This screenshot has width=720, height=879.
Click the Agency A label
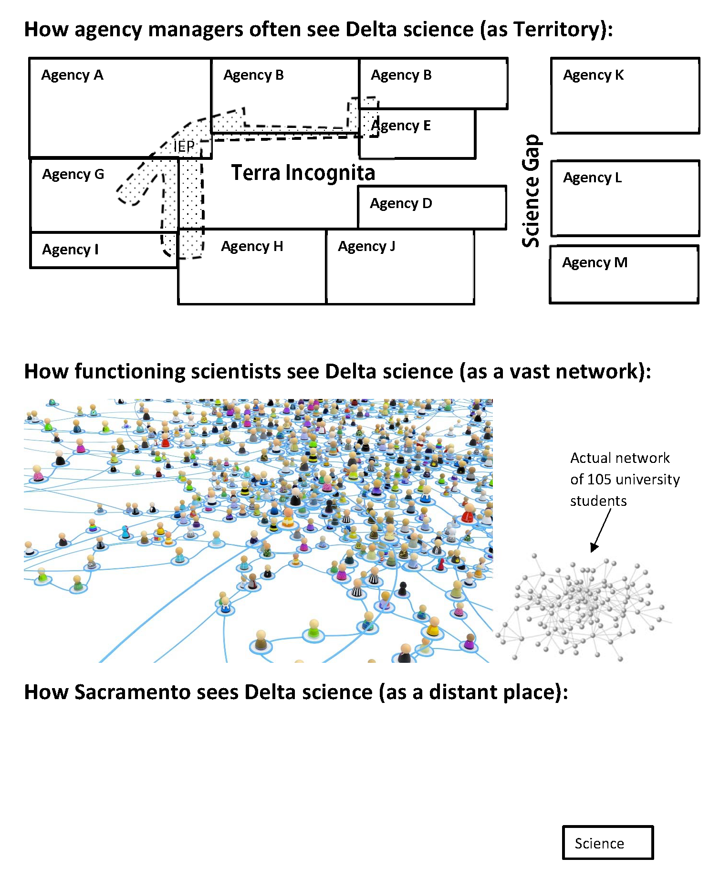tap(72, 75)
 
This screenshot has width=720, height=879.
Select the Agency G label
tap(73, 175)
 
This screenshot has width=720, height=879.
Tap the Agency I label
tap(70, 250)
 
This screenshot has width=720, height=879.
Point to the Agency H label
tap(252, 247)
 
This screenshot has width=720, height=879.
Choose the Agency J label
tap(366, 247)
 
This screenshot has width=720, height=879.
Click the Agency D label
tap(401, 204)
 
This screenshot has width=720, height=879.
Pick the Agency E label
tap(401, 126)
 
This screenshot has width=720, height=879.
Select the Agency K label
tap(593, 75)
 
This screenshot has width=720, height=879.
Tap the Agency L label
tap(592, 178)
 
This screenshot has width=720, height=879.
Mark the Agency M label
tap(595, 263)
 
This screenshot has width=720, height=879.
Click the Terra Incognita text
tap(303, 173)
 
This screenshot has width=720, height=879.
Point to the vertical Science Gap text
tap(531, 191)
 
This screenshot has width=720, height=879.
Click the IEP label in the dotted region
tap(184, 146)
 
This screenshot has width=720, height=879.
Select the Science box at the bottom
tap(607, 843)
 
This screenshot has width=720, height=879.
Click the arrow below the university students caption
tap(601, 530)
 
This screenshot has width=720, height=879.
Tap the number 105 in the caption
tap(600, 479)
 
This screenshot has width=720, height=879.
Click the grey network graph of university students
tap(582, 606)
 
